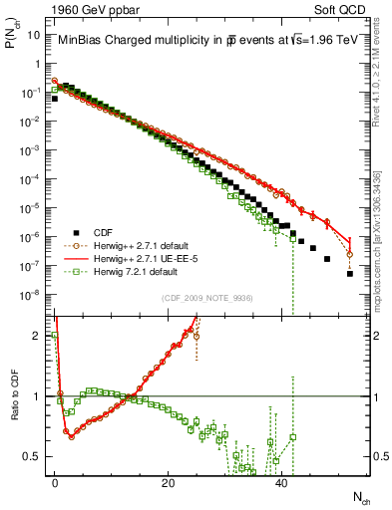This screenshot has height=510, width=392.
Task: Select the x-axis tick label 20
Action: point(168,482)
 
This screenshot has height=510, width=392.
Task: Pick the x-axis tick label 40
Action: point(281,482)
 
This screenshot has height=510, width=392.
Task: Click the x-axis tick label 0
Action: point(54,482)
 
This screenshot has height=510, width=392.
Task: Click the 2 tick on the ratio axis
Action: point(38,336)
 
